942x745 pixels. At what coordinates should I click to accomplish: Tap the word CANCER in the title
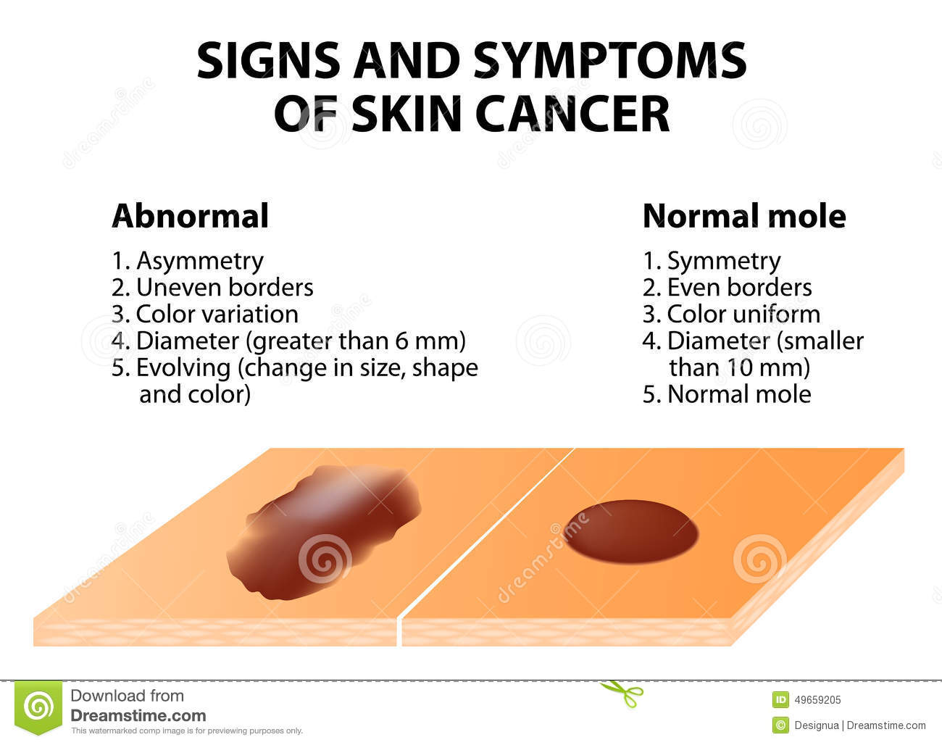tap(572, 114)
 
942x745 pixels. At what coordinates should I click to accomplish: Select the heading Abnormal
tap(190, 216)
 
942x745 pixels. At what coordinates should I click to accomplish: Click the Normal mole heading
tap(744, 216)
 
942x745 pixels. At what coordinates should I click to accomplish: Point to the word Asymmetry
tap(200, 262)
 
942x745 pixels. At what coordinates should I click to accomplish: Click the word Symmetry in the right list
tap(724, 262)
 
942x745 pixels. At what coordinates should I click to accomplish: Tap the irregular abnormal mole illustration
tap(324, 533)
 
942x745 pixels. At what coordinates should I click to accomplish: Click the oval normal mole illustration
tap(630, 532)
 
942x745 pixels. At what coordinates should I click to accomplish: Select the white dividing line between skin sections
tap(486, 547)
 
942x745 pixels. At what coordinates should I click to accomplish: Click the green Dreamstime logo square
tap(38, 707)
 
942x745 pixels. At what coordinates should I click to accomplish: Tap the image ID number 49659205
tap(817, 700)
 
